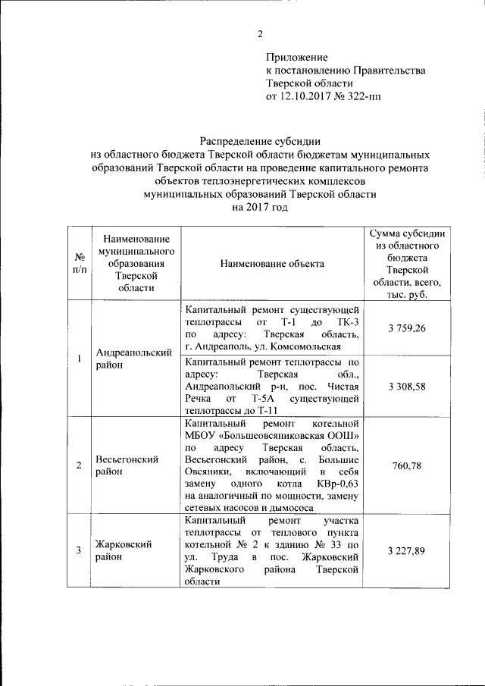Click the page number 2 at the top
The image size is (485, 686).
coord(260,34)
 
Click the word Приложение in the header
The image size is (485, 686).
coord(296,58)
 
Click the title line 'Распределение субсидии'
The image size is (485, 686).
coord(260,139)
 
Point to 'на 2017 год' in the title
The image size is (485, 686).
coord(260,207)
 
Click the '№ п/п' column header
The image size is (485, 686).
coord(78,264)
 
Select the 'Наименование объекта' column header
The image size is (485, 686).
coord(271,264)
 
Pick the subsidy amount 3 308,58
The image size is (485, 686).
coord(406,386)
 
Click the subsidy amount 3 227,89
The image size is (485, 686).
coord(406,550)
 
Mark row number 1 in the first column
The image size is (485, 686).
coord(78,358)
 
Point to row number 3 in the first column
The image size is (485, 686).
coord(78,550)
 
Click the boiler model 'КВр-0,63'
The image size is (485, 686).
coord(333,483)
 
